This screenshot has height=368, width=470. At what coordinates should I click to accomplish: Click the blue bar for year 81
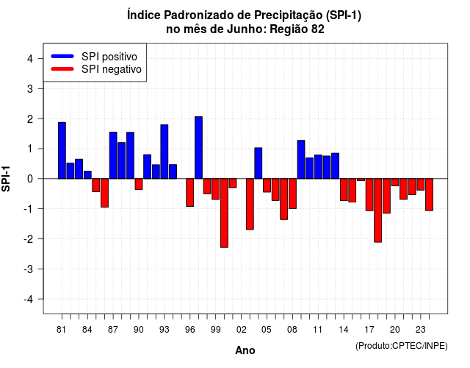[x=62, y=150]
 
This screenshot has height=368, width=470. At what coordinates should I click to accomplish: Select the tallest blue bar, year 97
[x=198, y=147]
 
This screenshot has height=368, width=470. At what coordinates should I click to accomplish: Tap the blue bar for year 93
[x=164, y=152]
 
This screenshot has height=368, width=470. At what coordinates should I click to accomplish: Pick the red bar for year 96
[x=189, y=193]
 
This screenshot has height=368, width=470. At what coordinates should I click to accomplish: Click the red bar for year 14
[x=344, y=190]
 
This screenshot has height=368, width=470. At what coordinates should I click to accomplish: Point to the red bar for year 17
[x=369, y=194]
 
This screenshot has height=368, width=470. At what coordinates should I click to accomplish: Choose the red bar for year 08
[x=292, y=194]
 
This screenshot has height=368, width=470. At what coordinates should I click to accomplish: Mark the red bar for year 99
[x=215, y=189]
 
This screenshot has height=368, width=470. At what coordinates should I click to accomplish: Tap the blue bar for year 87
[x=113, y=155]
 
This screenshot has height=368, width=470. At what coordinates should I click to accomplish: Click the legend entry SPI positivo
[x=109, y=57]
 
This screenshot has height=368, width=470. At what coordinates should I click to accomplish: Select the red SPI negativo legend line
[x=62, y=69]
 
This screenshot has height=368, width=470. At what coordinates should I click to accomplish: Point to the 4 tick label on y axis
[x=30, y=59]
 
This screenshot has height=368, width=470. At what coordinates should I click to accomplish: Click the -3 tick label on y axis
[x=29, y=269]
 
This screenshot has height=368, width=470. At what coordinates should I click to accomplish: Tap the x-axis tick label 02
[x=242, y=330]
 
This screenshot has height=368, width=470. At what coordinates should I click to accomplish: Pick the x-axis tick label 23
[x=421, y=330]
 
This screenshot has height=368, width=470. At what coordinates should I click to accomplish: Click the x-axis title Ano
[x=245, y=350]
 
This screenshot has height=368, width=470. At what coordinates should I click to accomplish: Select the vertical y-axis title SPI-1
[x=6, y=179]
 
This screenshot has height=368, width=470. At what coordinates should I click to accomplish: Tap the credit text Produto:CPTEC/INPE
[x=402, y=346]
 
